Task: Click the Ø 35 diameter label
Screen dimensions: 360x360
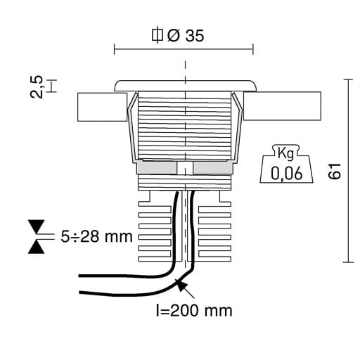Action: click(186, 36)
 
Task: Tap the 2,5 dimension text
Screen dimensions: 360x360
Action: click(37, 86)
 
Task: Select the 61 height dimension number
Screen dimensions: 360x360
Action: click(334, 171)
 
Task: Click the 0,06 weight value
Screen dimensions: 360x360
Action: click(286, 174)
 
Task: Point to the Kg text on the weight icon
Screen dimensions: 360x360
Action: click(285, 153)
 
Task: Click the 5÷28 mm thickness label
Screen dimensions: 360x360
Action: click(96, 236)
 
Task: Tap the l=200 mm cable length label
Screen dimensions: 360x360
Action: click(194, 311)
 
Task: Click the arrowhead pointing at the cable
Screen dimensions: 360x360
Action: click(181, 285)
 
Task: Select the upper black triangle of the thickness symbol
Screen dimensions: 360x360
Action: click(36, 226)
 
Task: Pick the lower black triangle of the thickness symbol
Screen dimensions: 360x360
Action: click(36, 247)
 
